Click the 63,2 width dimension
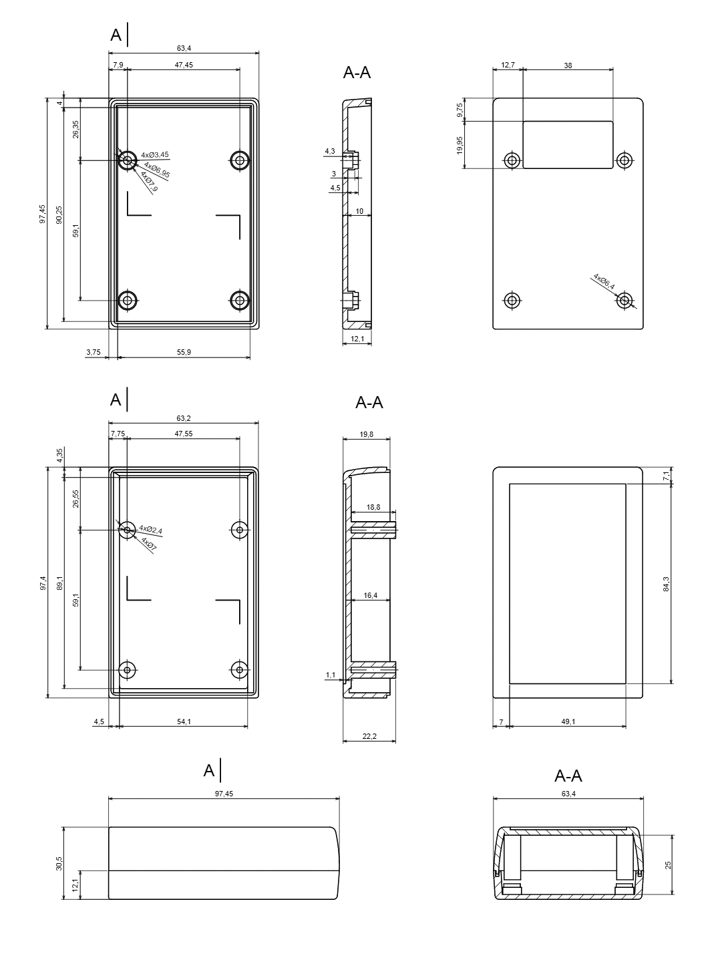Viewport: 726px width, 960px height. point(184,418)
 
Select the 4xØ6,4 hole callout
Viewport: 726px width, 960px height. point(604,281)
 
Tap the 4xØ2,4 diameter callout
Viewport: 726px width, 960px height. point(150,530)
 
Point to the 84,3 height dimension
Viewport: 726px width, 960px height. point(666,584)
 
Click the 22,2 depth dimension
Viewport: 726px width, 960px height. point(369,736)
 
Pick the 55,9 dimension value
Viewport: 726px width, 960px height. point(184,352)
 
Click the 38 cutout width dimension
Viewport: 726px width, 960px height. point(568,65)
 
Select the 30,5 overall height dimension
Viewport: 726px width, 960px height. point(59,863)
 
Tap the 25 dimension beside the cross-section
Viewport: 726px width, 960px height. point(667,864)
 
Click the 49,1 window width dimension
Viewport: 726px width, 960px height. point(568,722)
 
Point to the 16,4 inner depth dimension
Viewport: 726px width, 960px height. point(370,595)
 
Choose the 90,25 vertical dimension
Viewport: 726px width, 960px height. point(59,214)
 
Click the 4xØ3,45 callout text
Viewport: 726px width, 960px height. point(155,155)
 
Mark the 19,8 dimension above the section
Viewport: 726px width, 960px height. point(366,434)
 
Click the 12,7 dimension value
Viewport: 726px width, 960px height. point(508,65)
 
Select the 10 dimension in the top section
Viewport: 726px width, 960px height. point(359,211)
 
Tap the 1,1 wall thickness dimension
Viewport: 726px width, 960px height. point(331,675)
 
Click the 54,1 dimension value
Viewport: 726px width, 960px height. point(184,722)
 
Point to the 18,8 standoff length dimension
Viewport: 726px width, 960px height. point(373,507)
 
